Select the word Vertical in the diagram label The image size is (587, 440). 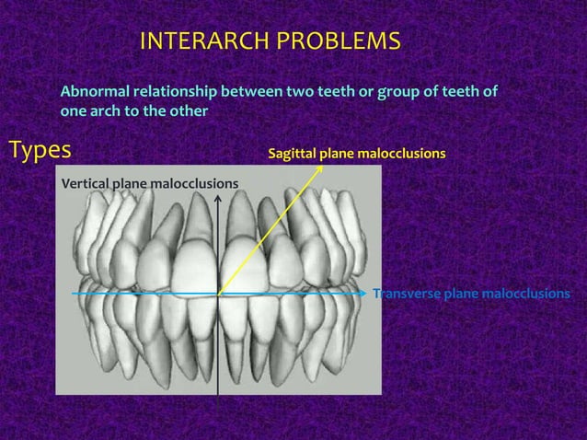click(85, 184)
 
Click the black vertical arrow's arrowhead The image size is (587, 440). click(218, 201)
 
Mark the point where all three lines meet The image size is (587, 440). click(218, 295)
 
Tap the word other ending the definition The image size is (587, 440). click(188, 111)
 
